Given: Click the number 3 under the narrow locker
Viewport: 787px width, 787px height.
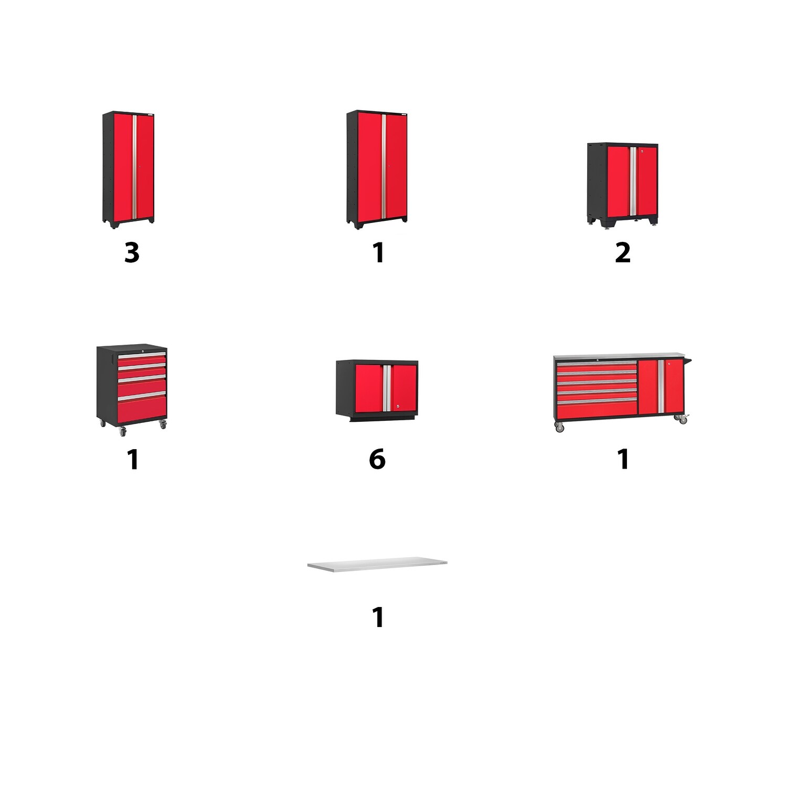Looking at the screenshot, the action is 132,252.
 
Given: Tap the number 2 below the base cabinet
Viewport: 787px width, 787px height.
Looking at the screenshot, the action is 623,252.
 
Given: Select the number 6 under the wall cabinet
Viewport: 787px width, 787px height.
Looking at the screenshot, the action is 377,459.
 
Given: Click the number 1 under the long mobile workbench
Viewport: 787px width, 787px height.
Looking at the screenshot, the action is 623,459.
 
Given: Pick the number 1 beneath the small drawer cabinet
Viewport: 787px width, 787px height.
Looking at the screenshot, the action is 133,459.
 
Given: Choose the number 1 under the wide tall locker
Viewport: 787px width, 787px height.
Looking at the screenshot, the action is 378,252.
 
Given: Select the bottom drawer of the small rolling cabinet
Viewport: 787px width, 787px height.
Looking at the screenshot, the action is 142,408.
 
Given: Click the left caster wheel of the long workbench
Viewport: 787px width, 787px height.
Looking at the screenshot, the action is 559,427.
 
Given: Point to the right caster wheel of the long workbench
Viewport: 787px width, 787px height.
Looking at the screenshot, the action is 683,420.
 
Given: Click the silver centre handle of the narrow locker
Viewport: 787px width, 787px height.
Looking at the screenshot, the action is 134,167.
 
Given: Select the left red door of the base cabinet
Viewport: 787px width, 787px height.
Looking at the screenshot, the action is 619,181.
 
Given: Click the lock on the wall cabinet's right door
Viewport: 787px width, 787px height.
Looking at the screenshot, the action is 398,404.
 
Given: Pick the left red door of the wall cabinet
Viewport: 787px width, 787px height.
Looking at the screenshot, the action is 369,388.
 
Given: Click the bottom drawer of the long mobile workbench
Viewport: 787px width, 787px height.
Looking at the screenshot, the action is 597,409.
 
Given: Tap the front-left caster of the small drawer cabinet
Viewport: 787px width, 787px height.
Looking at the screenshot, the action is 123,431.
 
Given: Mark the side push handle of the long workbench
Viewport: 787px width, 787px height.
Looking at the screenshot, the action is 688,359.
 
